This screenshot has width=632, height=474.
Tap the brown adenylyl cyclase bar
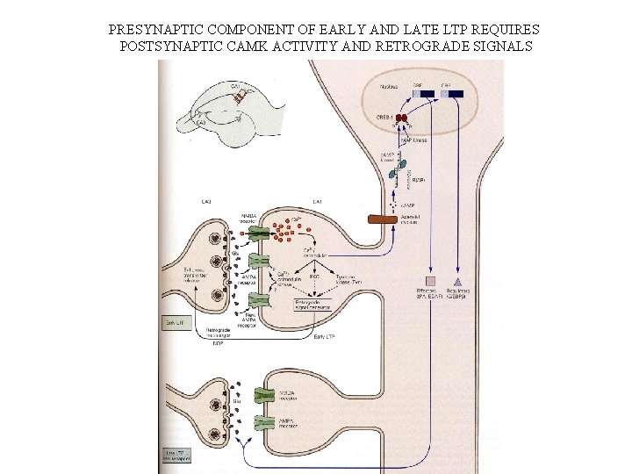[383, 218]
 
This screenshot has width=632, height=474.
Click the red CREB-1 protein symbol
[402, 118]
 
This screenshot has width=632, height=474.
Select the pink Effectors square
[430, 280]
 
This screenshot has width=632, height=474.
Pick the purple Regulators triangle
[458, 280]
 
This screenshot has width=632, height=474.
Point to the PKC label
[314, 276]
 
